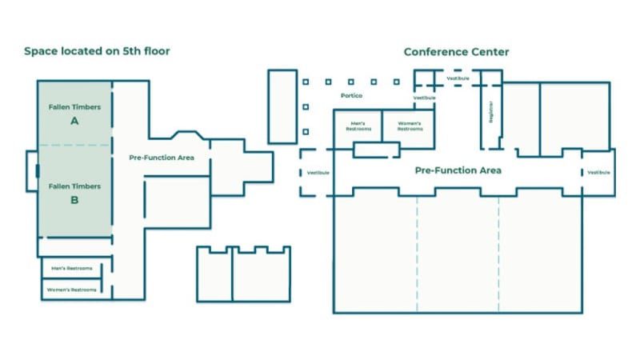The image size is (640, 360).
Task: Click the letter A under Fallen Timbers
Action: (74, 122)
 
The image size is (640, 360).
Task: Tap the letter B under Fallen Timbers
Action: (74, 201)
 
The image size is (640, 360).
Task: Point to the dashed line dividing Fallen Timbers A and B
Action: (74, 146)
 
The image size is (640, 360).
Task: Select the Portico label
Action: (351, 96)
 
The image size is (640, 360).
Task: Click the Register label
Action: (490, 112)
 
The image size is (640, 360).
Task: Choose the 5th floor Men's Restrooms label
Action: (72, 268)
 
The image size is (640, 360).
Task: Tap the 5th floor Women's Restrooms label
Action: (72, 289)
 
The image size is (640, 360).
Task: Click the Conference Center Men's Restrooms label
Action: (358, 126)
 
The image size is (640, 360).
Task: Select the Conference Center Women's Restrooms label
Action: (410, 126)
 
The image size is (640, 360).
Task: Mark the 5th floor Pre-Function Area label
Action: (162, 158)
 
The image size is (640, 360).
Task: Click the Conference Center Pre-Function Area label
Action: (458, 170)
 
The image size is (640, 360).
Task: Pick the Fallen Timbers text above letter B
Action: (74, 186)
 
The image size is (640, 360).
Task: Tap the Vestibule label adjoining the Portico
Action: (424, 98)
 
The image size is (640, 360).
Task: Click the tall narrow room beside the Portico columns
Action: (282, 106)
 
